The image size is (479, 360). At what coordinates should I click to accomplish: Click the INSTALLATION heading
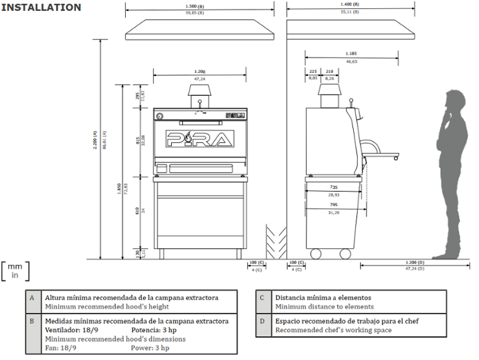point(41,8)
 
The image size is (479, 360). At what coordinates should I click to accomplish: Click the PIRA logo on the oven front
point(200,140)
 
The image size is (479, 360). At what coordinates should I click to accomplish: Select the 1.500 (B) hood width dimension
point(200,6)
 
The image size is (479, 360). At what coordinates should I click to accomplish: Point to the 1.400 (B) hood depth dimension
point(351,6)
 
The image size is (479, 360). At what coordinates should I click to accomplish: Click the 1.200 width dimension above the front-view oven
point(200,71)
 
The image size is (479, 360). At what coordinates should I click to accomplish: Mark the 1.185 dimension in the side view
point(351,53)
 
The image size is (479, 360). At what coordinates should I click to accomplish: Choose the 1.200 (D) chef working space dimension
point(415,263)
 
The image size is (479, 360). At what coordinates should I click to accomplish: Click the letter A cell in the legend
point(31,298)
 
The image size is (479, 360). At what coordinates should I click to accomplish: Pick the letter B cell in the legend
point(31,320)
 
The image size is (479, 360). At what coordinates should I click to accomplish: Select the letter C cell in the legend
point(262,298)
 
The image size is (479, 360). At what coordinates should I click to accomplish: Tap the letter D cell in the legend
point(262,320)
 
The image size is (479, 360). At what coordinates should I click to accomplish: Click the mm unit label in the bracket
point(15,266)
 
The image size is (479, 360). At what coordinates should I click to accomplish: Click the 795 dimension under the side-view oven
point(333,204)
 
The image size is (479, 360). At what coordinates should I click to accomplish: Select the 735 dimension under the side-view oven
point(333,187)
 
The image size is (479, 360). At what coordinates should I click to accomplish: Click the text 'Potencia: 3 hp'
point(154,330)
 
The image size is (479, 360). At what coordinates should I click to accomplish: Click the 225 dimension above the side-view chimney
point(313,71)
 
